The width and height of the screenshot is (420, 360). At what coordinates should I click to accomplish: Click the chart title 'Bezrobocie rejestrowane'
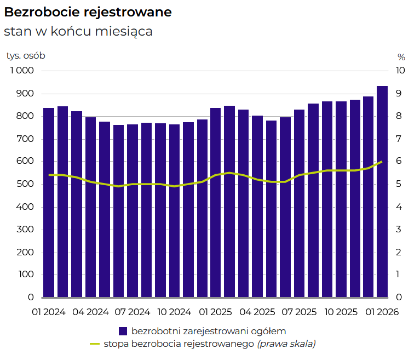88,12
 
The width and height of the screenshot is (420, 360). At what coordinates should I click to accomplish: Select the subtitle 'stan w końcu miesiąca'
78,31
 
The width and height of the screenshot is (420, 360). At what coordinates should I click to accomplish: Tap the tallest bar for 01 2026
382,192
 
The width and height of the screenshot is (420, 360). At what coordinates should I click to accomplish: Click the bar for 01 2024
49,203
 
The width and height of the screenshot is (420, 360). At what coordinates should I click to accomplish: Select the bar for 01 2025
216,203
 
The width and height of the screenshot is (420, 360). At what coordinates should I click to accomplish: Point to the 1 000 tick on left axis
22,71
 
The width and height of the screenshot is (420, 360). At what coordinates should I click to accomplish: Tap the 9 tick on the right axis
400,94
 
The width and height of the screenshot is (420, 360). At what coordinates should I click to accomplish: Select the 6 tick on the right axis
400,162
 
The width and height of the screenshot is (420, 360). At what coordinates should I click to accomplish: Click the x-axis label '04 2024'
90,312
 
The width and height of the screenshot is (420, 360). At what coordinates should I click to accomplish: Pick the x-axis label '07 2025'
298,312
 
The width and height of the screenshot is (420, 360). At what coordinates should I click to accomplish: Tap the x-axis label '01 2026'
382,312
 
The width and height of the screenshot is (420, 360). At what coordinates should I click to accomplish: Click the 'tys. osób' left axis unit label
26,56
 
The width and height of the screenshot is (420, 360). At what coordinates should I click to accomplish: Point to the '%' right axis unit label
401,56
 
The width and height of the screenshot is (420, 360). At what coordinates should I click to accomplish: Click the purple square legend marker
123,331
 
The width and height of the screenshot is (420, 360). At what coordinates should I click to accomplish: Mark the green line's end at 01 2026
382,162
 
